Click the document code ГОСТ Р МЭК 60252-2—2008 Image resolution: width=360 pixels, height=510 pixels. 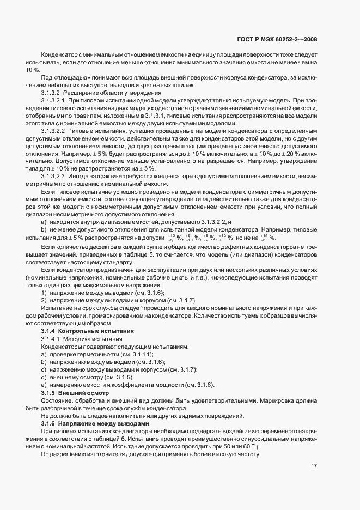pyautogui.click(x=278, y=39)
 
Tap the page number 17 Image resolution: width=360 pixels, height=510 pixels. pyautogui.click(x=314, y=465)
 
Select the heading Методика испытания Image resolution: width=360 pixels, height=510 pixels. pyautogui.click(x=99, y=339)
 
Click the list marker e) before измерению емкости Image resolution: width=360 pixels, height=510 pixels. pyautogui.click(x=44, y=385)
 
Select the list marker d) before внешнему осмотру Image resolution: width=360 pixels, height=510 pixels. pyautogui.click(x=44, y=377)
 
